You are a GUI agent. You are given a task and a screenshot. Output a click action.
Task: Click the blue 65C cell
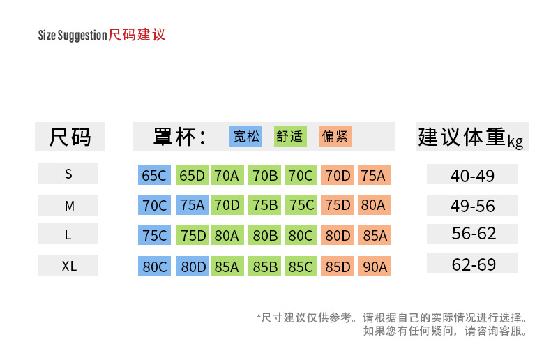click(x=154, y=175)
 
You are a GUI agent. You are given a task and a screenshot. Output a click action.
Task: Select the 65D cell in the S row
click(x=192, y=175)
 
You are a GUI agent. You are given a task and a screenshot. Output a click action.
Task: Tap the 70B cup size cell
click(x=265, y=175)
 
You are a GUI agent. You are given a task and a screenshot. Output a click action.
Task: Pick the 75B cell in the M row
click(x=265, y=205)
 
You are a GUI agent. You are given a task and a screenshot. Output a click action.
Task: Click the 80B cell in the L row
click(x=265, y=236)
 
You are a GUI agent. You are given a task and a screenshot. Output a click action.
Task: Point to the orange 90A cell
click(x=375, y=267)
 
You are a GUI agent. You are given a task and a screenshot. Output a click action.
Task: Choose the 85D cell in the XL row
click(x=338, y=267)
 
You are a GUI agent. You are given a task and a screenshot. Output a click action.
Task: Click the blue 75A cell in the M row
click(x=192, y=205)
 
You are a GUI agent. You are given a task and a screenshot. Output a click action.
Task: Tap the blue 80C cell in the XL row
click(x=154, y=267)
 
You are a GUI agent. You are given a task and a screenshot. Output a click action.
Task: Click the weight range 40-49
click(x=472, y=175)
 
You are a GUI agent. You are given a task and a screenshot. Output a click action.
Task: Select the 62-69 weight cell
click(x=472, y=264)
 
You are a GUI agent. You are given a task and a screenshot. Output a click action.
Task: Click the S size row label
click(x=68, y=174)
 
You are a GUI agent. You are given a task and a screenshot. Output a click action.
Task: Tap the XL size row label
click(x=68, y=266)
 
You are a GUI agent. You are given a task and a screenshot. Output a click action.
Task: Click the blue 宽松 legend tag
click(x=246, y=136)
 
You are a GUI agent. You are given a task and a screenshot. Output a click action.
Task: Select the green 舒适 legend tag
click(x=290, y=136)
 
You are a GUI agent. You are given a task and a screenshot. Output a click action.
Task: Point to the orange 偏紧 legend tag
click(x=335, y=136)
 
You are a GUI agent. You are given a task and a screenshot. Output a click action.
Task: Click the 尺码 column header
click(x=70, y=137)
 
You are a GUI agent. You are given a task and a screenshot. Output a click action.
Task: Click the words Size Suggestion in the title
click(x=73, y=36)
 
